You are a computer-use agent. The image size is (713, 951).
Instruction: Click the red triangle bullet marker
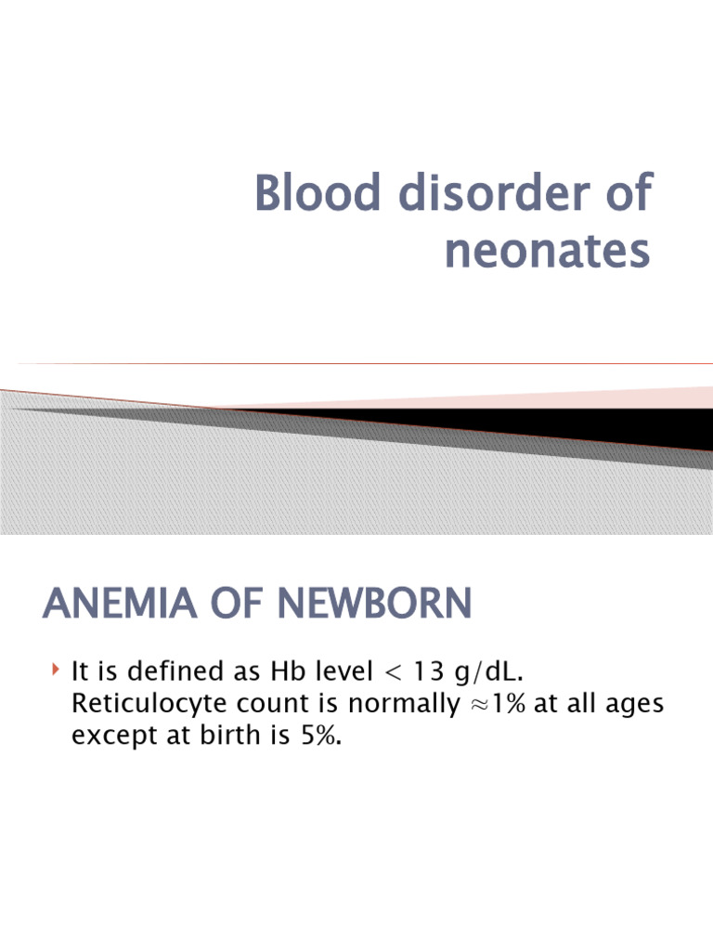(x=56, y=668)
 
